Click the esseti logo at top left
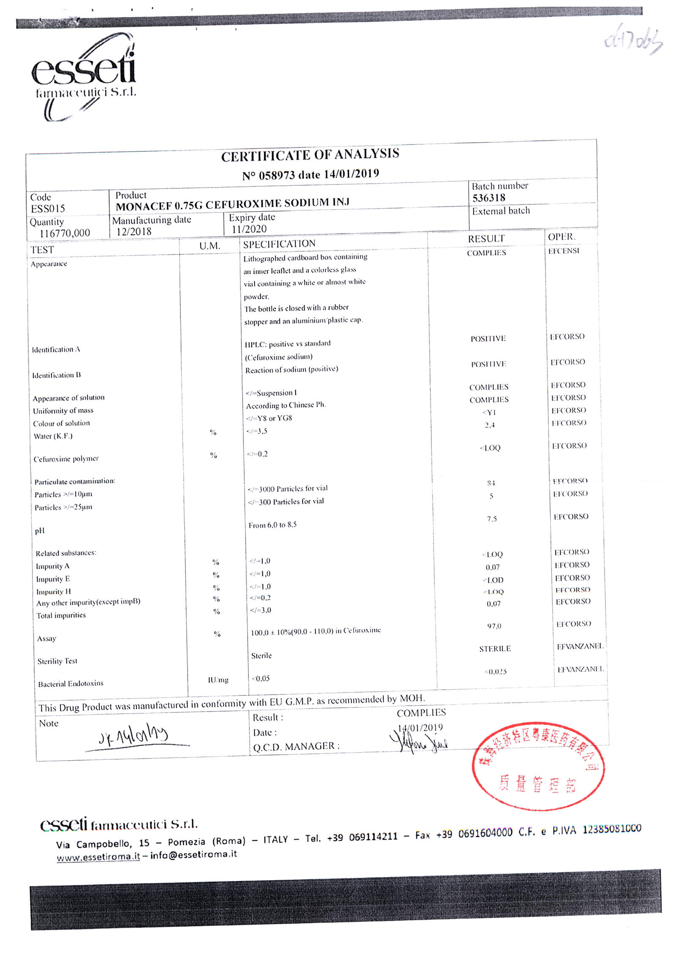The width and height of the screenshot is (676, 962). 84,76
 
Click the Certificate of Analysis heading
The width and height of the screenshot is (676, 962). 310,155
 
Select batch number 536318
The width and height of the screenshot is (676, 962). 488,198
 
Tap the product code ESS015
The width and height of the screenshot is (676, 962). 48,209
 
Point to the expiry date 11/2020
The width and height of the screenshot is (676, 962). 249,229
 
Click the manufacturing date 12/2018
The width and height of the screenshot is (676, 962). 134,231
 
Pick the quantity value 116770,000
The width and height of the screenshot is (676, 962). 65,233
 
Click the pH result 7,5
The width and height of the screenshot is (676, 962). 491,519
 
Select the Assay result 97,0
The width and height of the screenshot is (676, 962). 494,626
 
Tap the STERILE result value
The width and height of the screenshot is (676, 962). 495,649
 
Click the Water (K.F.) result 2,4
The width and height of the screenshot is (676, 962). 490,425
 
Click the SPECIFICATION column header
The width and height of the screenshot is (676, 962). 279,244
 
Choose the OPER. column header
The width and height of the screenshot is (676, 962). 562,237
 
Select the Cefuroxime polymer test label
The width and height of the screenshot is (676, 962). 66,459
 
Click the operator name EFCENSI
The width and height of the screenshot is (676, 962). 564,251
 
